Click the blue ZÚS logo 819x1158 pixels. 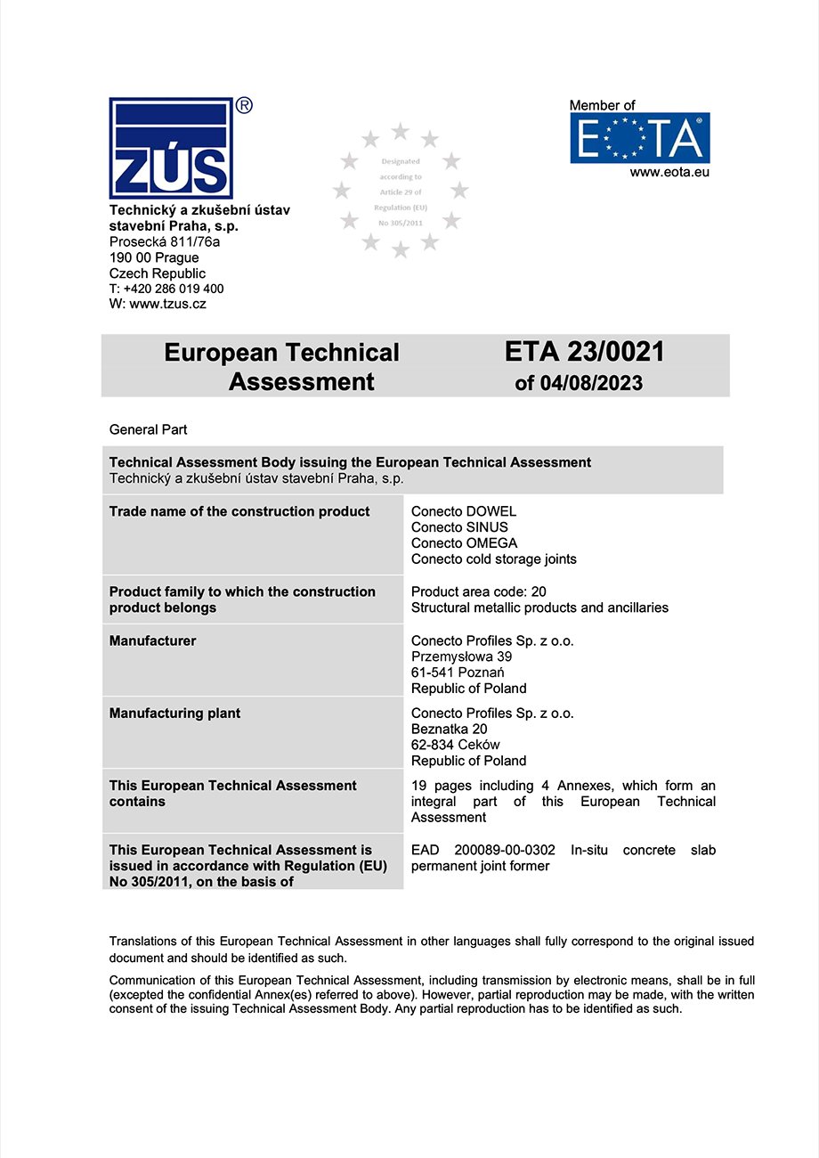click(x=170, y=148)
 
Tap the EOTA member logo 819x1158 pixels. click(x=639, y=138)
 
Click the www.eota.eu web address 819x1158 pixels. click(x=669, y=173)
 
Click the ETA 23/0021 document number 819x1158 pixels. click(x=584, y=353)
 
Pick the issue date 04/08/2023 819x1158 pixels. click(x=590, y=384)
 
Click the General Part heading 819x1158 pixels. click(x=148, y=429)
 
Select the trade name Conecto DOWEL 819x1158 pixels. click(x=463, y=511)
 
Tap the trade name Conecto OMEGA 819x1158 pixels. click(x=464, y=543)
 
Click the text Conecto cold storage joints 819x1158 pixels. click(x=493, y=559)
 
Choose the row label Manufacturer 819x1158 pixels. click(x=152, y=640)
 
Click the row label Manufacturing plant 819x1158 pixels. click(x=174, y=714)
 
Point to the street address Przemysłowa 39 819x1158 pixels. click(x=461, y=656)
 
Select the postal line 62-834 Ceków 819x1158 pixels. click(x=455, y=745)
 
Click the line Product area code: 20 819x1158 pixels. click(x=478, y=591)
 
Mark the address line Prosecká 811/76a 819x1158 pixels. click(x=164, y=242)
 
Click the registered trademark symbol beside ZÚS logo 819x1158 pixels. click(x=244, y=105)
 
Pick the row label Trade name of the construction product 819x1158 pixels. click(x=239, y=511)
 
